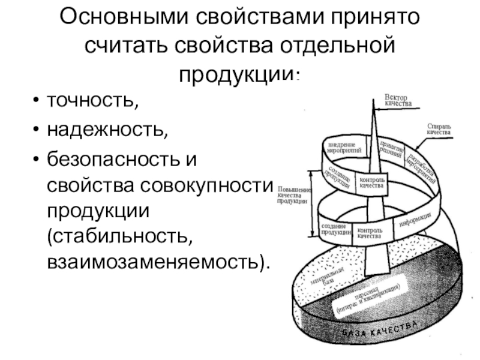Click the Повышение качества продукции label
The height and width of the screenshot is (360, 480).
(x=293, y=195)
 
